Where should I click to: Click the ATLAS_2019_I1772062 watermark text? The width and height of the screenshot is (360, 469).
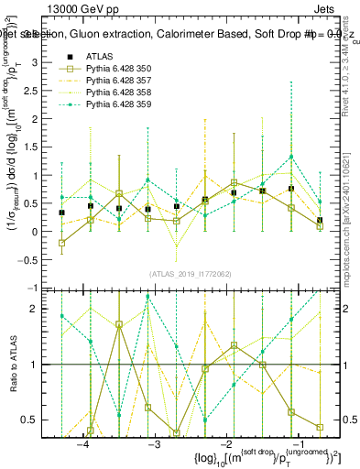click(190, 273)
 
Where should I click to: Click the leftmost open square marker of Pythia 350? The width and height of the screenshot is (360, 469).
click(61, 243)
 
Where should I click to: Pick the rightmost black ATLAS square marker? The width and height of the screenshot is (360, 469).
click(320, 221)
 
